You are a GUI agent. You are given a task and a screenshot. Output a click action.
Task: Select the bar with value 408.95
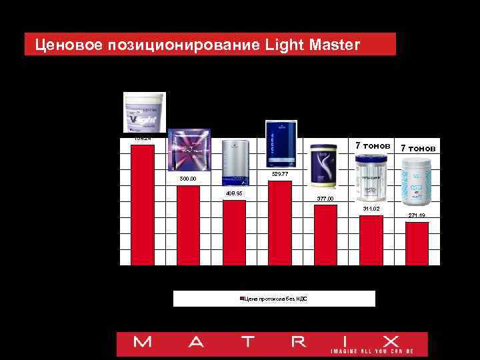[x=234, y=233]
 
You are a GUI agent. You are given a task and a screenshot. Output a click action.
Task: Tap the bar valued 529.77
[x=279, y=223]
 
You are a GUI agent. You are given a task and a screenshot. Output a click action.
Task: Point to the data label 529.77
[x=280, y=175]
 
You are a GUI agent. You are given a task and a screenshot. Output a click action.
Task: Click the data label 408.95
[x=234, y=194]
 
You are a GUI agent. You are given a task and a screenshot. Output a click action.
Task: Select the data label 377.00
[x=325, y=199]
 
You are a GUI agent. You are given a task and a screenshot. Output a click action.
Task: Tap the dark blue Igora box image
[x=281, y=146]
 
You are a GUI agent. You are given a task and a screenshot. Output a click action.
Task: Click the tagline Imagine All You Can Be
[x=372, y=351]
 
